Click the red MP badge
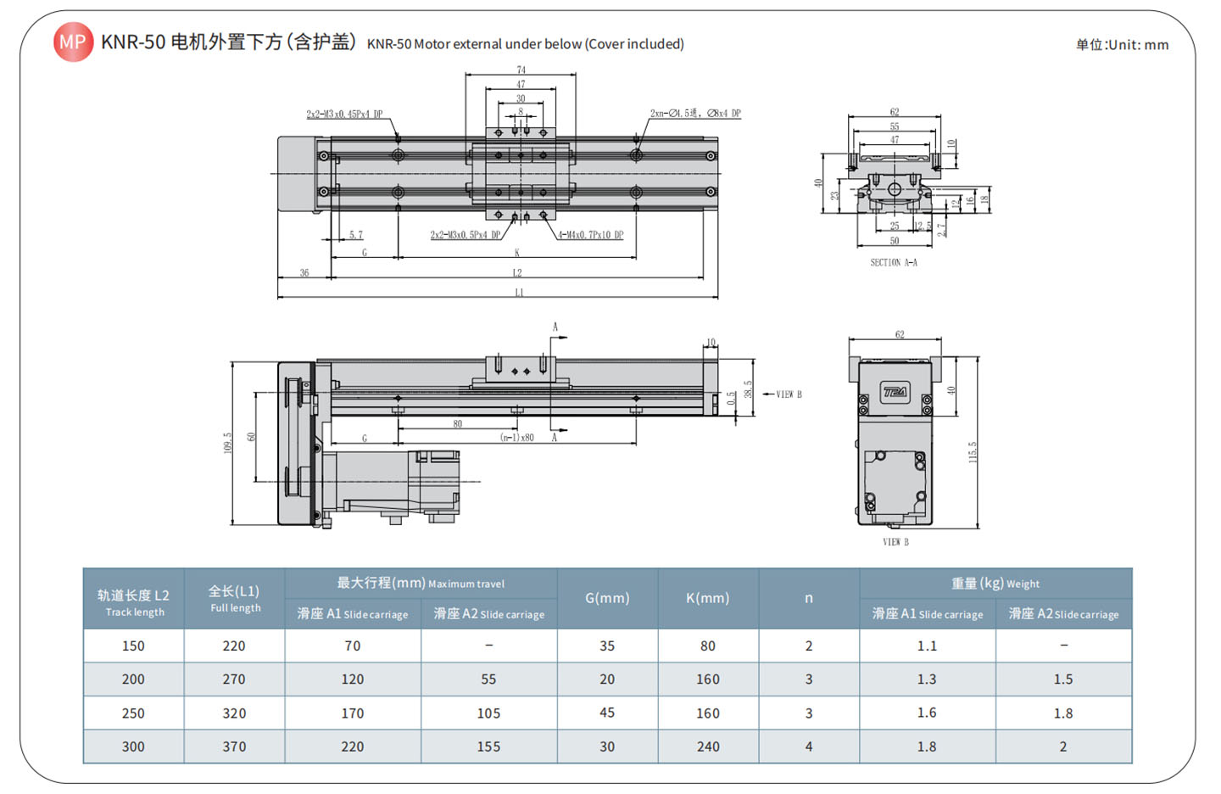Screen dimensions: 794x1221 [73, 42]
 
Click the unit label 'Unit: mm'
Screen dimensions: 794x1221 [1122, 45]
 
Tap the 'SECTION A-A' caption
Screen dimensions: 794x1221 [894, 263]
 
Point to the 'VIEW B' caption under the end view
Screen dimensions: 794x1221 [895, 542]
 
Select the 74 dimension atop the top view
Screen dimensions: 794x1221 [521, 70]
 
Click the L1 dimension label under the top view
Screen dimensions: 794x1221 [519, 293]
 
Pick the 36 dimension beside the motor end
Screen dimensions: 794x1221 [304, 273]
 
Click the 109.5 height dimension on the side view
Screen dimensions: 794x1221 [227, 443]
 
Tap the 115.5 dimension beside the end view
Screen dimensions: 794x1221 [973, 451]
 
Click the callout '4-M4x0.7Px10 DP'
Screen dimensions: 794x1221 [591, 235]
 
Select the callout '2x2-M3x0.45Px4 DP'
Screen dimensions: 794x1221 [344, 114]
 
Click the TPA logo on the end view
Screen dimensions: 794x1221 [895, 392]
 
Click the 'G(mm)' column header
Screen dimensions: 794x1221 [607, 598]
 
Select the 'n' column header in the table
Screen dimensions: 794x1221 [809, 598]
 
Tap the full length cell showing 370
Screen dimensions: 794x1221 [234, 746]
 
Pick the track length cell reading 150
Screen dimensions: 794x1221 [133, 646]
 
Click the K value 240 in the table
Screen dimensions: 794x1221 [708, 746]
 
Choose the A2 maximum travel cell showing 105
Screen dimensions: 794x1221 [488, 713]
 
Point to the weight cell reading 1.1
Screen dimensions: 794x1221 [927, 646]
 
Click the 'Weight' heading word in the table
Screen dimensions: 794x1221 [1023, 584]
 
